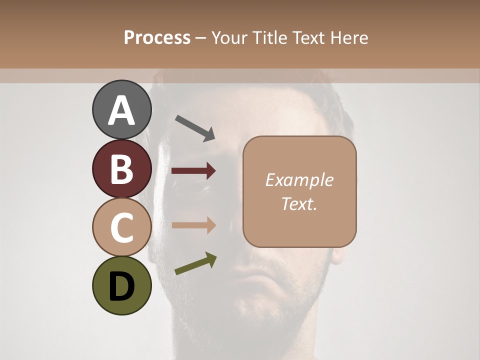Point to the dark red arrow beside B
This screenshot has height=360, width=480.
coord(193,171)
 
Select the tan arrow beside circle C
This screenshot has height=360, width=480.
coord(193,225)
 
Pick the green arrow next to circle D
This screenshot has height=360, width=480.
coord(196,263)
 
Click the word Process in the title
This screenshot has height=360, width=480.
coord(157,37)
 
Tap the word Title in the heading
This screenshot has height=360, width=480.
coord(267,37)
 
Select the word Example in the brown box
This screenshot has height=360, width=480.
coord(299,180)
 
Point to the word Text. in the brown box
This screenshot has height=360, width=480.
coord(299,203)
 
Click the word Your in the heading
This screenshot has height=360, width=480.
coord(230,37)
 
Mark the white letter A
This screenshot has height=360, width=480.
coord(122,110)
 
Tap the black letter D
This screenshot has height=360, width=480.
coord(122,286)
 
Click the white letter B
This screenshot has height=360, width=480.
coord(122,169)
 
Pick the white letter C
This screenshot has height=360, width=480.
coord(122,228)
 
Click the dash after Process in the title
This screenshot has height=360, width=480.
coord(201,38)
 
